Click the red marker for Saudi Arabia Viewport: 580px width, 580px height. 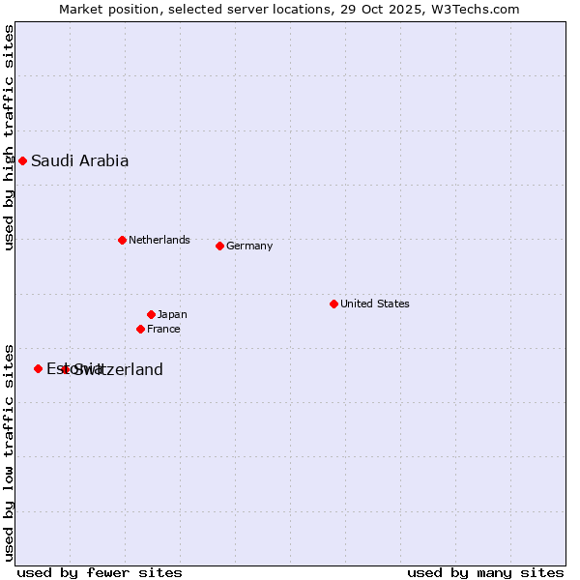point(22,160)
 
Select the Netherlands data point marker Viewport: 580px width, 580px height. point(122,240)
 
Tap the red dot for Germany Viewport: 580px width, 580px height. point(219,246)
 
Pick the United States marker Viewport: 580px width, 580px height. point(333,304)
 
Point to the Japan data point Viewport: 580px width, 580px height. point(151,314)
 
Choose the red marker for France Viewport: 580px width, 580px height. point(140,329)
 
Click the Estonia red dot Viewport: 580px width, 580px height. point(38,368)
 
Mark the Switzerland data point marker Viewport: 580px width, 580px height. point(65,369)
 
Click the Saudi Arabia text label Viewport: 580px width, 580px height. point(79,161)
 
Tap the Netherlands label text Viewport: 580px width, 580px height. point(159,240)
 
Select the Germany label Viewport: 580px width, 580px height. point(249,246)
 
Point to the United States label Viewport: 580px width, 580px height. point(374,304)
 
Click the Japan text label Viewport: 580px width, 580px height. point(172,314)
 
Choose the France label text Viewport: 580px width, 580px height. point(163,329)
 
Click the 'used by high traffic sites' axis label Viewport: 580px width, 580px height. point(9,137)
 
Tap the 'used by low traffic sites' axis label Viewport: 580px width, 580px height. point(9,451)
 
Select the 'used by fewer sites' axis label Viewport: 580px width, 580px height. point(100,572)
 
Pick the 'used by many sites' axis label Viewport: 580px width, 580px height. point(485,572)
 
